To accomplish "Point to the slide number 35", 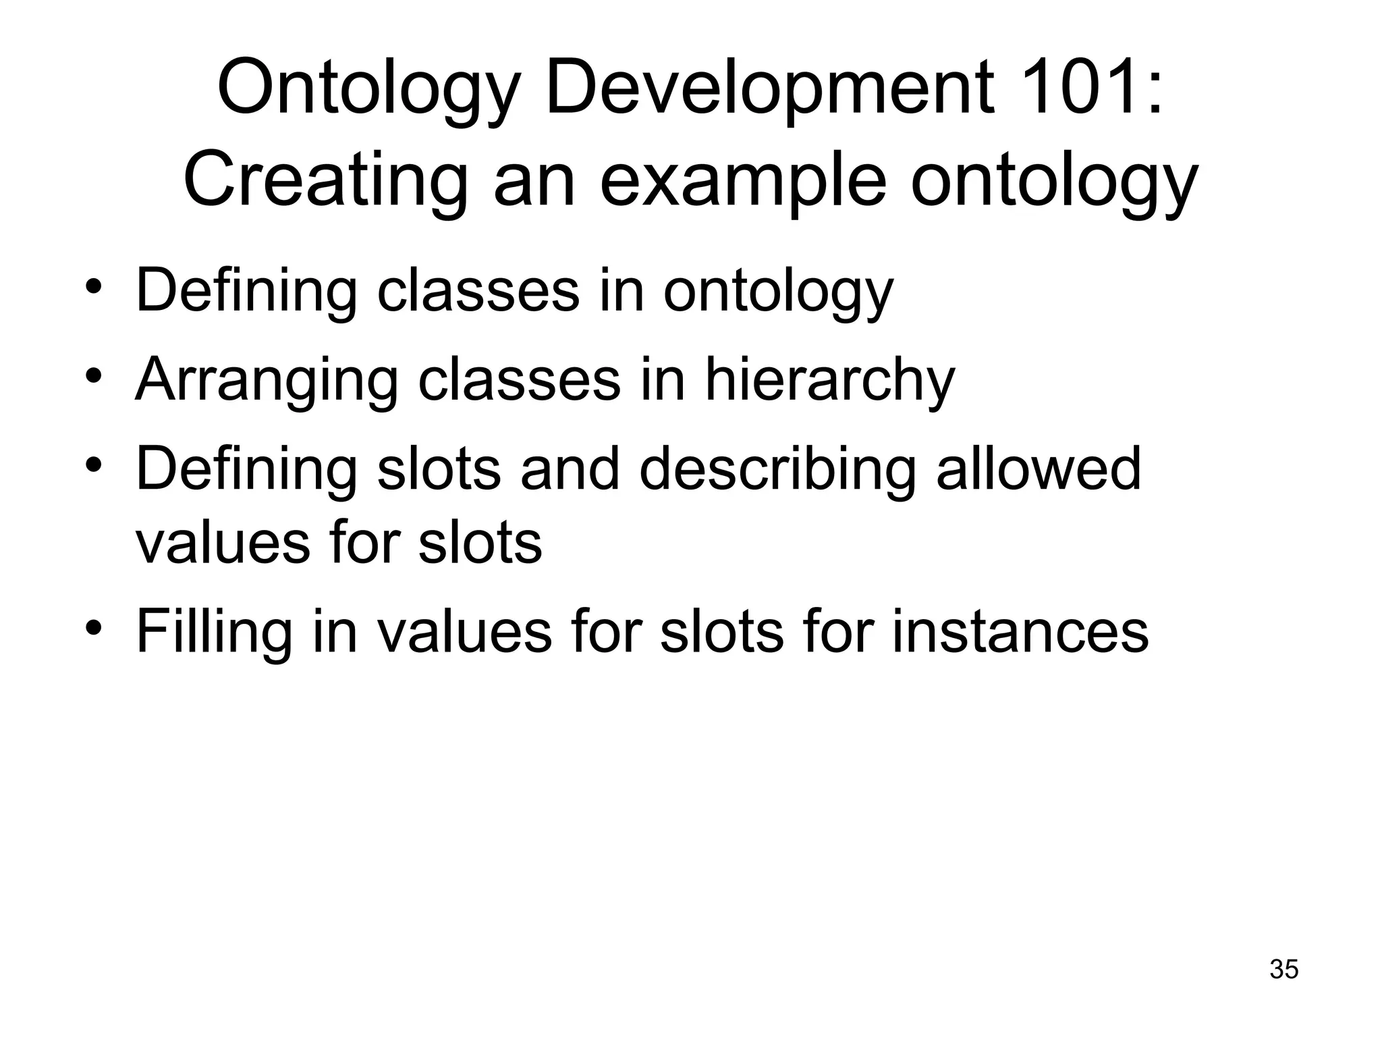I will coord(1283,969).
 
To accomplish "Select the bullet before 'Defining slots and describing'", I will coord(94,465).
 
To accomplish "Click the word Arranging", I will coord(267,380).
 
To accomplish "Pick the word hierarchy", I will coord(830,380).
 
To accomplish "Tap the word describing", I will coord(777,469).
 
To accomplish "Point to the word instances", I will coord(1020,631).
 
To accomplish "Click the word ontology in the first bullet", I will coord(778,291).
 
